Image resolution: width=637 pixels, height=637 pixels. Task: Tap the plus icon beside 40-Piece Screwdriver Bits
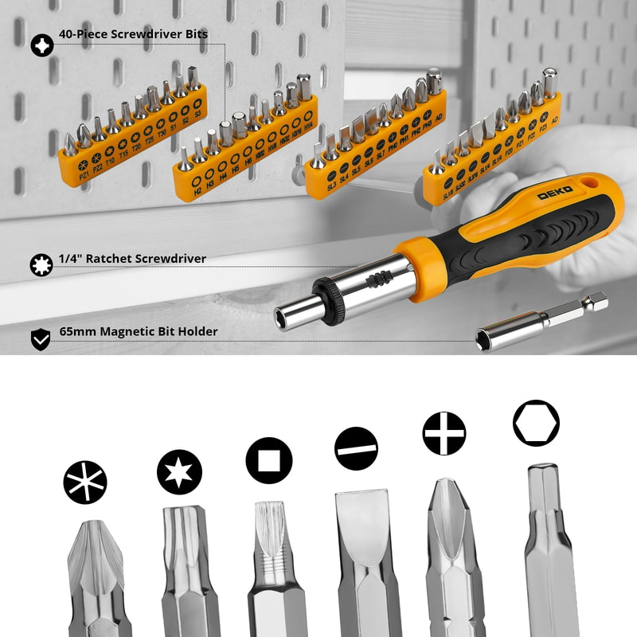[x=42, y=45]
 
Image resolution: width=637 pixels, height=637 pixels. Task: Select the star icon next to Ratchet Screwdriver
[x=41, y=264]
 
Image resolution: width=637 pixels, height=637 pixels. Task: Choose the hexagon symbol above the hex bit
[x=536, y=424]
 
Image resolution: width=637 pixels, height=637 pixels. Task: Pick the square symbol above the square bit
[x=269, y=461]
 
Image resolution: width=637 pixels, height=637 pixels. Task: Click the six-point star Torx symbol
[x=179, y=472]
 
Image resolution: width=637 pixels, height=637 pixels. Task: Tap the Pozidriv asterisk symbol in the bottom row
[x=85, y=483]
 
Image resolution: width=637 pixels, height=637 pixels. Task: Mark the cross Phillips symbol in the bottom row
[x=444, y=434]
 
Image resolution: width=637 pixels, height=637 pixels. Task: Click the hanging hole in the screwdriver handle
[x=590, y=188]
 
